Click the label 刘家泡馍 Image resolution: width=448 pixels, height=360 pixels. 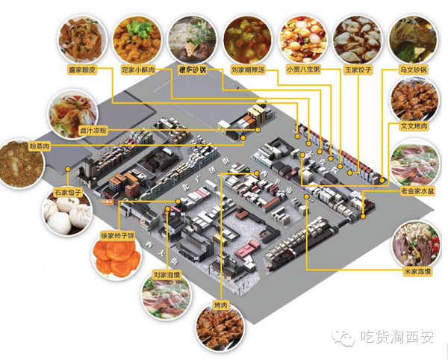[x=169, y=274]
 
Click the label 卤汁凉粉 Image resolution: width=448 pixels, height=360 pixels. [x=72, y=129]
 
